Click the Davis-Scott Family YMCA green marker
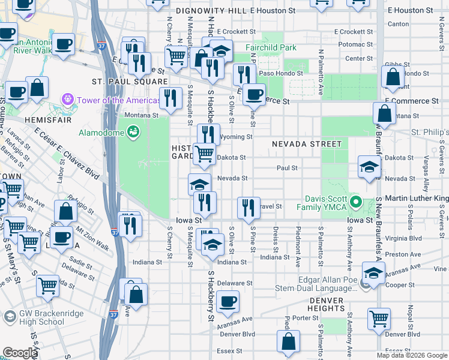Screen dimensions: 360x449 355,202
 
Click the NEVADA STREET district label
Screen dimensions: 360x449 306,144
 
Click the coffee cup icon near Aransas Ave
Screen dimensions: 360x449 228,302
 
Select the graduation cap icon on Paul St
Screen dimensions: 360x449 369,167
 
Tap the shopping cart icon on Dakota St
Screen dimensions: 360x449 205,154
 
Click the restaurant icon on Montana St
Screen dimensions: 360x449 170,99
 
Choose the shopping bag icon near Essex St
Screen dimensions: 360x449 288,341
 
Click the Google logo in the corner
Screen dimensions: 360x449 20,353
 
